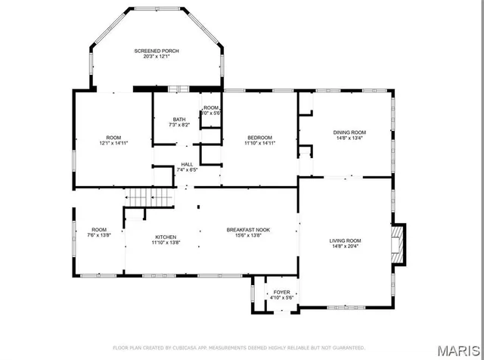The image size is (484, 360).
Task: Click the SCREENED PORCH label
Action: click(157, 51)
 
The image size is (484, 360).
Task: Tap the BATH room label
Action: click(179, 119)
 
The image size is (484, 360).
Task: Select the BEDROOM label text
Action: click(259, 137)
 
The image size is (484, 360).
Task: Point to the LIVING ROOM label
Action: click(344, 240)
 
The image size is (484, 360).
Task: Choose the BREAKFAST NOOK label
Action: click(249, 229)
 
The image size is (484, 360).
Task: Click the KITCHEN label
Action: click(166, 236)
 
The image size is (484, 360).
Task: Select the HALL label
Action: click(186, 164)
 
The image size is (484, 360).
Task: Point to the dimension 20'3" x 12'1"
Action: click(157, 57)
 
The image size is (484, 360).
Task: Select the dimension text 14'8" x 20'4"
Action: click(344, 246)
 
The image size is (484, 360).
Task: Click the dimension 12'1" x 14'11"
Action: click(113, 143)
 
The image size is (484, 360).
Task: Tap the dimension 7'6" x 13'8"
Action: click(100, 235)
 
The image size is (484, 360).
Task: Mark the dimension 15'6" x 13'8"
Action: click(249, 235)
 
